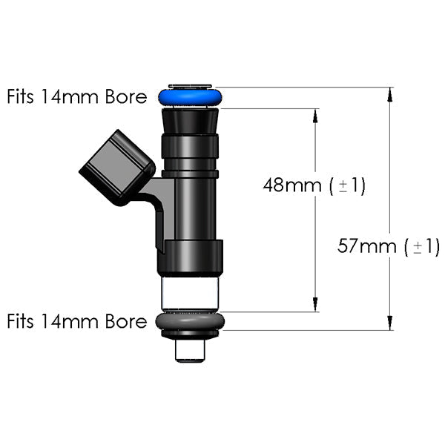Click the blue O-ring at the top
pos(190,97)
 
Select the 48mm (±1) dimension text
pos(314,185)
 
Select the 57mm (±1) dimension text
pos(389,246)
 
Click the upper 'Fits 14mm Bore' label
pos(77,97)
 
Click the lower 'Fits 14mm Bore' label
pos(77,322)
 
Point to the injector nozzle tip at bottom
pos(190,349)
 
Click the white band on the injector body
pos(190,293)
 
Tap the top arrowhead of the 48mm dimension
pos(315,116)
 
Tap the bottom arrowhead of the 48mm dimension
pos(315,304)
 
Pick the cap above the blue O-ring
pos(190,86)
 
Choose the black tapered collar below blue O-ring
pos(190,119)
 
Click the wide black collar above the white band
pos(190,257)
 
